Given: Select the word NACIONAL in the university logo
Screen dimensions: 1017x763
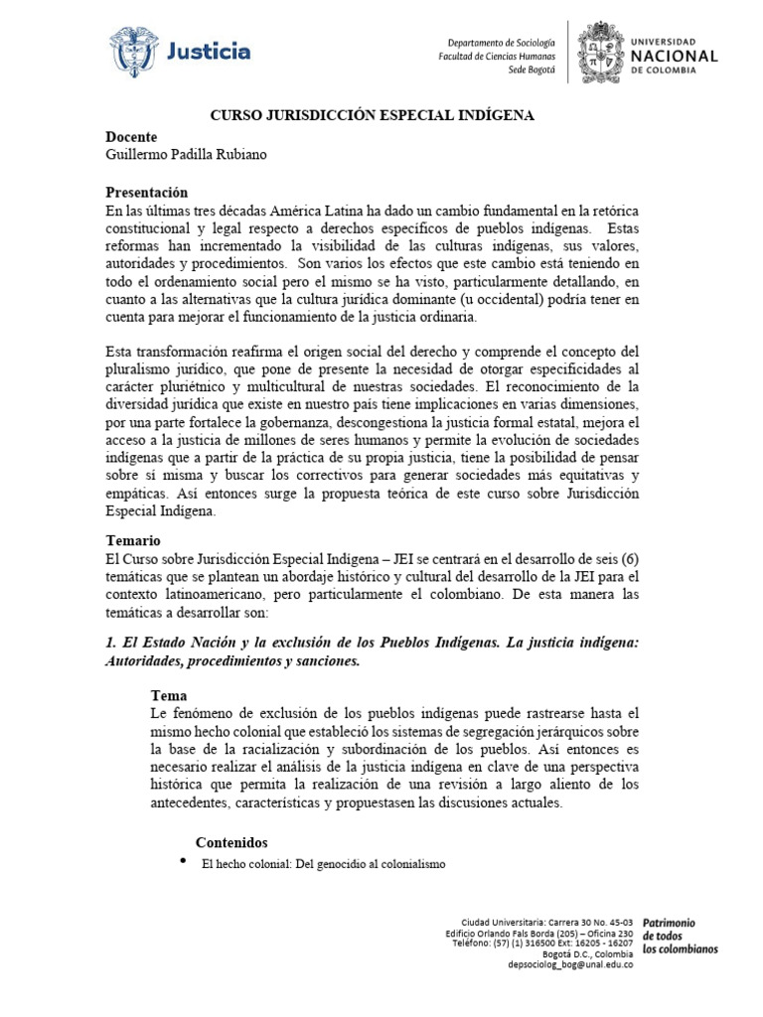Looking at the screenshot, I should click(x=674, y=56).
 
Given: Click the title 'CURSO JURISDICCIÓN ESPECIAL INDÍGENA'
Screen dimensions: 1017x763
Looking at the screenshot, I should click(x=372, y=115).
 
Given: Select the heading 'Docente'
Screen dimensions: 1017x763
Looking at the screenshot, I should click(x=131, y=136).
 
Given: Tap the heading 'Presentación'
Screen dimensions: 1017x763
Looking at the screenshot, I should click(x=146, y=192).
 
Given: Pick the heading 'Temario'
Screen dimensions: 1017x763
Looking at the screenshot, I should click(x=132, y=541).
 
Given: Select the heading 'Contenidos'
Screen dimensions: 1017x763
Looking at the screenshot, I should click(x=232, y=842).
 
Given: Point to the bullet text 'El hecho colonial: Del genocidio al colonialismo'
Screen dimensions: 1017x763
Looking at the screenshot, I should click(x=324, y=864).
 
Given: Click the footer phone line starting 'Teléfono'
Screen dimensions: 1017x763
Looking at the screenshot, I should click(x=542, y=943).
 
